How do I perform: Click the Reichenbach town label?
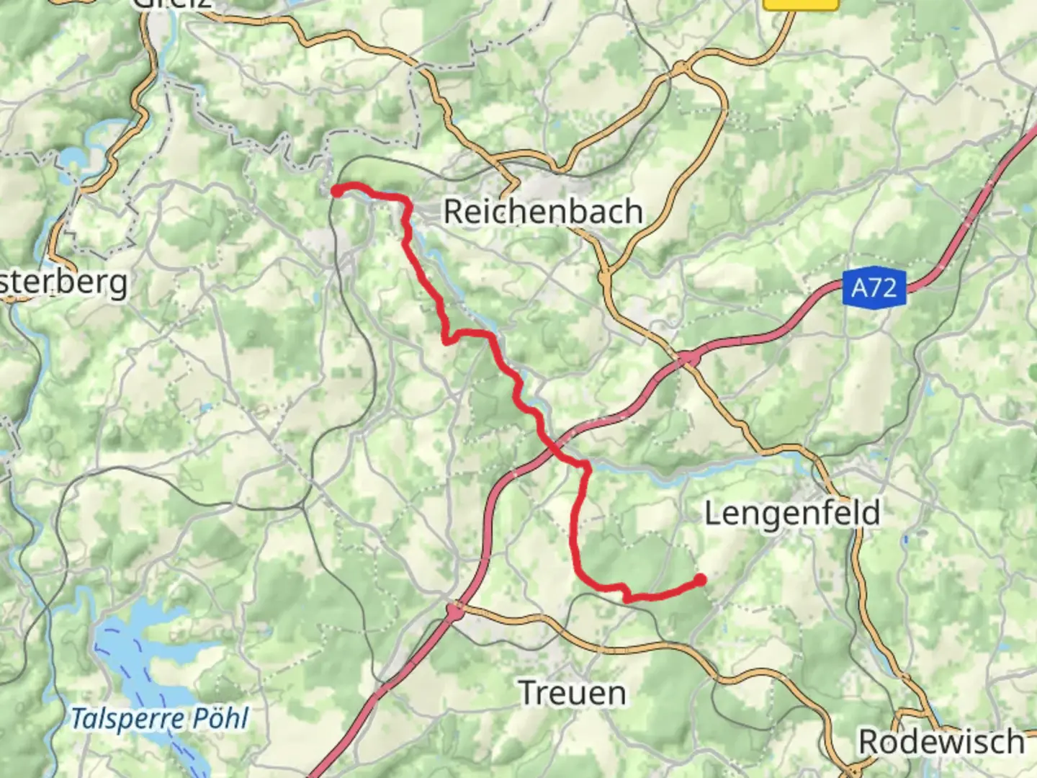543,212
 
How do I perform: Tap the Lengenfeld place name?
792,514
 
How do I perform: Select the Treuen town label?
573,693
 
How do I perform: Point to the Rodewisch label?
941,742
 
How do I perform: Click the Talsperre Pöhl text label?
159,718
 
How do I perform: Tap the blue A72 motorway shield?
874,288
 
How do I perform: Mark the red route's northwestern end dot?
336,191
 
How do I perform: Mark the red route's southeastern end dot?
700,579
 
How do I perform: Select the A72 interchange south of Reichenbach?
688,357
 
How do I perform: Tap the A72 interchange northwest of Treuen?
454,612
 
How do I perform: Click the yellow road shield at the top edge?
801,4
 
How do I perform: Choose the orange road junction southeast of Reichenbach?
605,275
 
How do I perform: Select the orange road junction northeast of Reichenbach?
681,69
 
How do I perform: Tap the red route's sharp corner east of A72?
588,468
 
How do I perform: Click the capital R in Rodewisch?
870,742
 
